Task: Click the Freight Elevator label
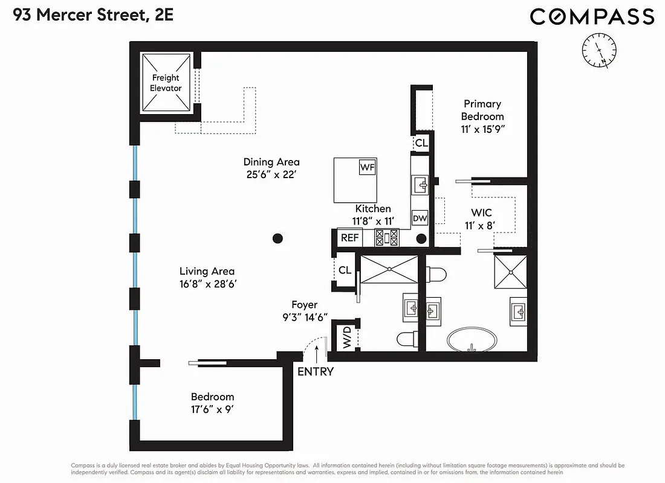(x=166, y=83)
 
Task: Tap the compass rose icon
(x=598, y=50)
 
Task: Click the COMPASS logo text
(x=592, y=16)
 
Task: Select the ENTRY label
(x=316, y=372)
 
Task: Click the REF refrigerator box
(x=350, y=238)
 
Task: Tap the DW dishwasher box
(x=420, y=219)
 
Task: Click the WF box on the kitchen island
(x=367, y=167)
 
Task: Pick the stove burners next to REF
(x=387, y=237)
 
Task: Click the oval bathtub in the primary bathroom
(x=473, y=340)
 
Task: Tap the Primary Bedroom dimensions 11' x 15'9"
(x=482, y=129)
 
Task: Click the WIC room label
(x=482, y=213)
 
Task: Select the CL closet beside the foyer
(x=345, y=270)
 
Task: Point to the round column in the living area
(x=277, y=238)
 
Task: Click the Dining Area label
(x=271, y=162)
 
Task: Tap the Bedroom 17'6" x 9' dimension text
(x=212, y=409)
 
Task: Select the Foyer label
(x=303, y=305)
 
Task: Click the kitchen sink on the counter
(x=420, y=184)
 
